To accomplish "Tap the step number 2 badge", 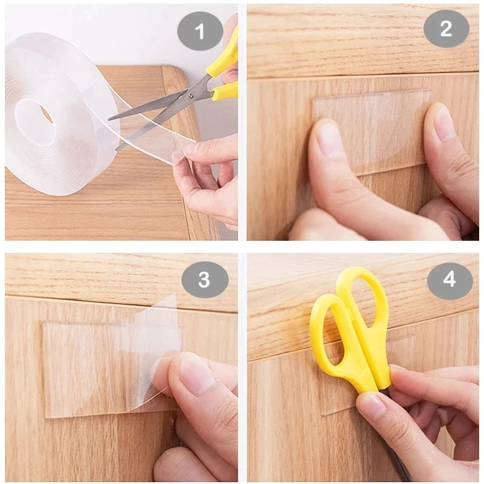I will pyautogui.click(x=446, y=28).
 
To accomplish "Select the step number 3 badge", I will pyautogui.click(x=204, y=280).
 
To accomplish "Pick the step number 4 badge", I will pyautogui.click(x=450, y=280).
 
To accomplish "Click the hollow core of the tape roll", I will pyautogui.click(x=37, y=118).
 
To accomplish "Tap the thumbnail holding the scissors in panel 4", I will pyautogui.click(x=371, y=405).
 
